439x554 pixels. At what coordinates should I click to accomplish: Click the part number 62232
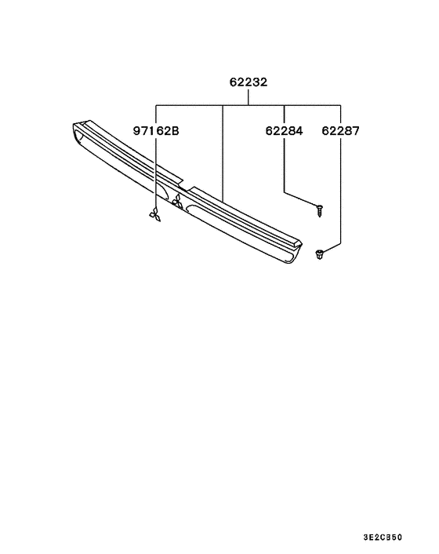tap(249, 82)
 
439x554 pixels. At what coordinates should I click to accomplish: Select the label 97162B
tap(155, 132)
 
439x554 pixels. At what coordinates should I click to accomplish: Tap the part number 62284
tap(283, 132)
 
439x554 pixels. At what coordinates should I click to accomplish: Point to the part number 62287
tap(340, 132)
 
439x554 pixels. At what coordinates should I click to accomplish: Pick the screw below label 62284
tap(321, 208)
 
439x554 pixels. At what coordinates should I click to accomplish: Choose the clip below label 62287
tap(320, 253)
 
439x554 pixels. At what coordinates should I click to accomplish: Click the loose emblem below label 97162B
tap(155, 214)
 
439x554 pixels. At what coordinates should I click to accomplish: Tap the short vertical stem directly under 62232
tap(249, 97)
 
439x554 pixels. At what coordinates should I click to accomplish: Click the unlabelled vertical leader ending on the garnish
tap(223, 149)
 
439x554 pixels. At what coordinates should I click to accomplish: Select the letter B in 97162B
tap(176, 132)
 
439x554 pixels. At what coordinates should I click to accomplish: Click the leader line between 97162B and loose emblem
tap(155, 173)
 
